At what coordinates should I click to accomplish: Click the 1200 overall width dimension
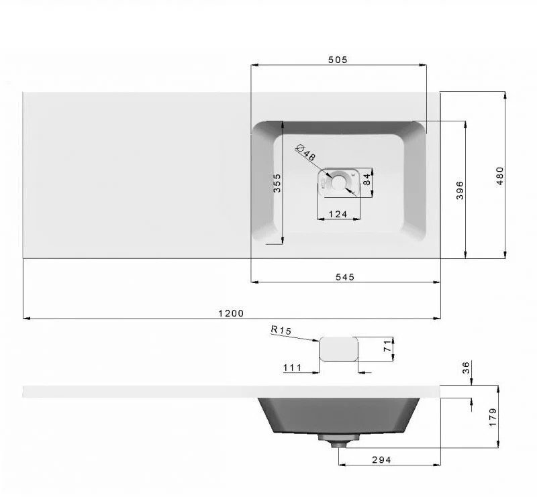coord(231,313)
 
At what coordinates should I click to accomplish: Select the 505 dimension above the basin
coord(338,60)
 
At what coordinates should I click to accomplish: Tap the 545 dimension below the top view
coord(345,277)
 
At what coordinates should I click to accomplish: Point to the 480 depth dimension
coord(500,176)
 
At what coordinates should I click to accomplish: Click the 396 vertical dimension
coord(460,190)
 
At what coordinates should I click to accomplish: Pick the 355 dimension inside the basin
coord(277,183)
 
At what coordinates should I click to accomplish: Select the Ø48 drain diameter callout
coord(305,153)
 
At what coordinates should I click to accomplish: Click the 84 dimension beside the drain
coord(367,179)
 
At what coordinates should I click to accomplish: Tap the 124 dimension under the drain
coord(338,214)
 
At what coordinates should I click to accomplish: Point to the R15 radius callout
coord(281,330)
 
